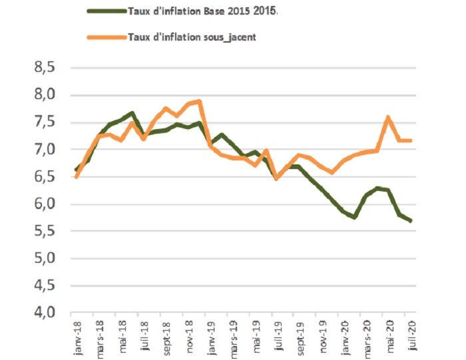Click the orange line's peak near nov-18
point(200,101)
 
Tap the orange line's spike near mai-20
point(387,118)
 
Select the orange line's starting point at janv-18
point(77,177)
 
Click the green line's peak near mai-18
point(132,113)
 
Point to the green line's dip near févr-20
point(355,217)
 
